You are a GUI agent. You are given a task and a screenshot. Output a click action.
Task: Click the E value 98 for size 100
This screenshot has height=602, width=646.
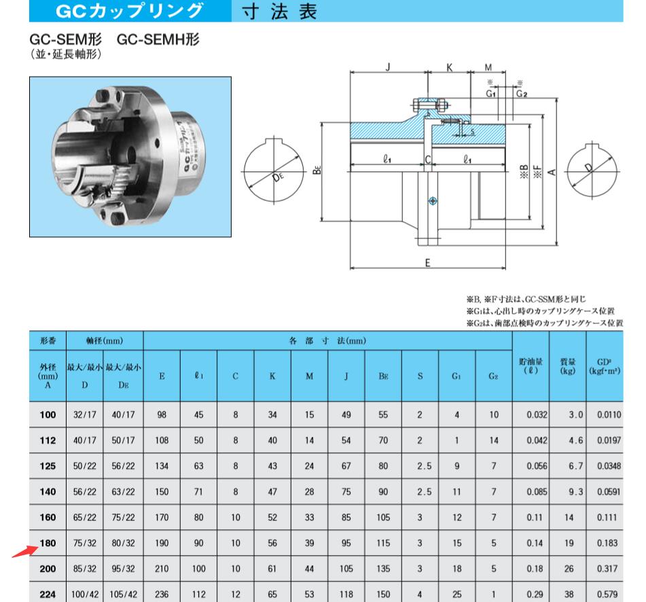tap(162, 414)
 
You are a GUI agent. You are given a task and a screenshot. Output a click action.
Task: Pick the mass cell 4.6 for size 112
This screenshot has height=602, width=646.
tap(567, 440)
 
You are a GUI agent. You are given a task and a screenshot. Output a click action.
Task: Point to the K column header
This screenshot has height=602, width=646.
tap(272, 374)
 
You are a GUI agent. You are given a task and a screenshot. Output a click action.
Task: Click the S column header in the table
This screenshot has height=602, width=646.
tap(420, 374)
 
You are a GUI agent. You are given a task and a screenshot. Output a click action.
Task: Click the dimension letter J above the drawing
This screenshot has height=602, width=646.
tap(387, 68)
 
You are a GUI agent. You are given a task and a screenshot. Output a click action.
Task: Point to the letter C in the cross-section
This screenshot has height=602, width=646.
tap(428, 160)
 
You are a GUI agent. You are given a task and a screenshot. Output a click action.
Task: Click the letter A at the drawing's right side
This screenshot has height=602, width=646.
tap(552, 171)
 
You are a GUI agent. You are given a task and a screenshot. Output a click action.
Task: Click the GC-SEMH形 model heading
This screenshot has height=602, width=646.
tap(158, 40)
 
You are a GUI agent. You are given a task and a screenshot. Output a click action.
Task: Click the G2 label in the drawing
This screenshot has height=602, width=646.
tap(521, 94)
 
